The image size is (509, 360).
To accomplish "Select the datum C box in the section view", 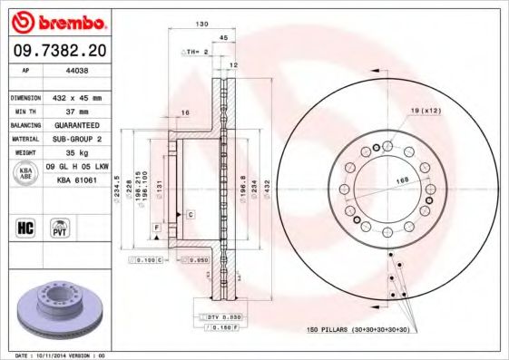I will (191, 215).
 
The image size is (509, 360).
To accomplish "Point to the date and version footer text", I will (61, 355).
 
